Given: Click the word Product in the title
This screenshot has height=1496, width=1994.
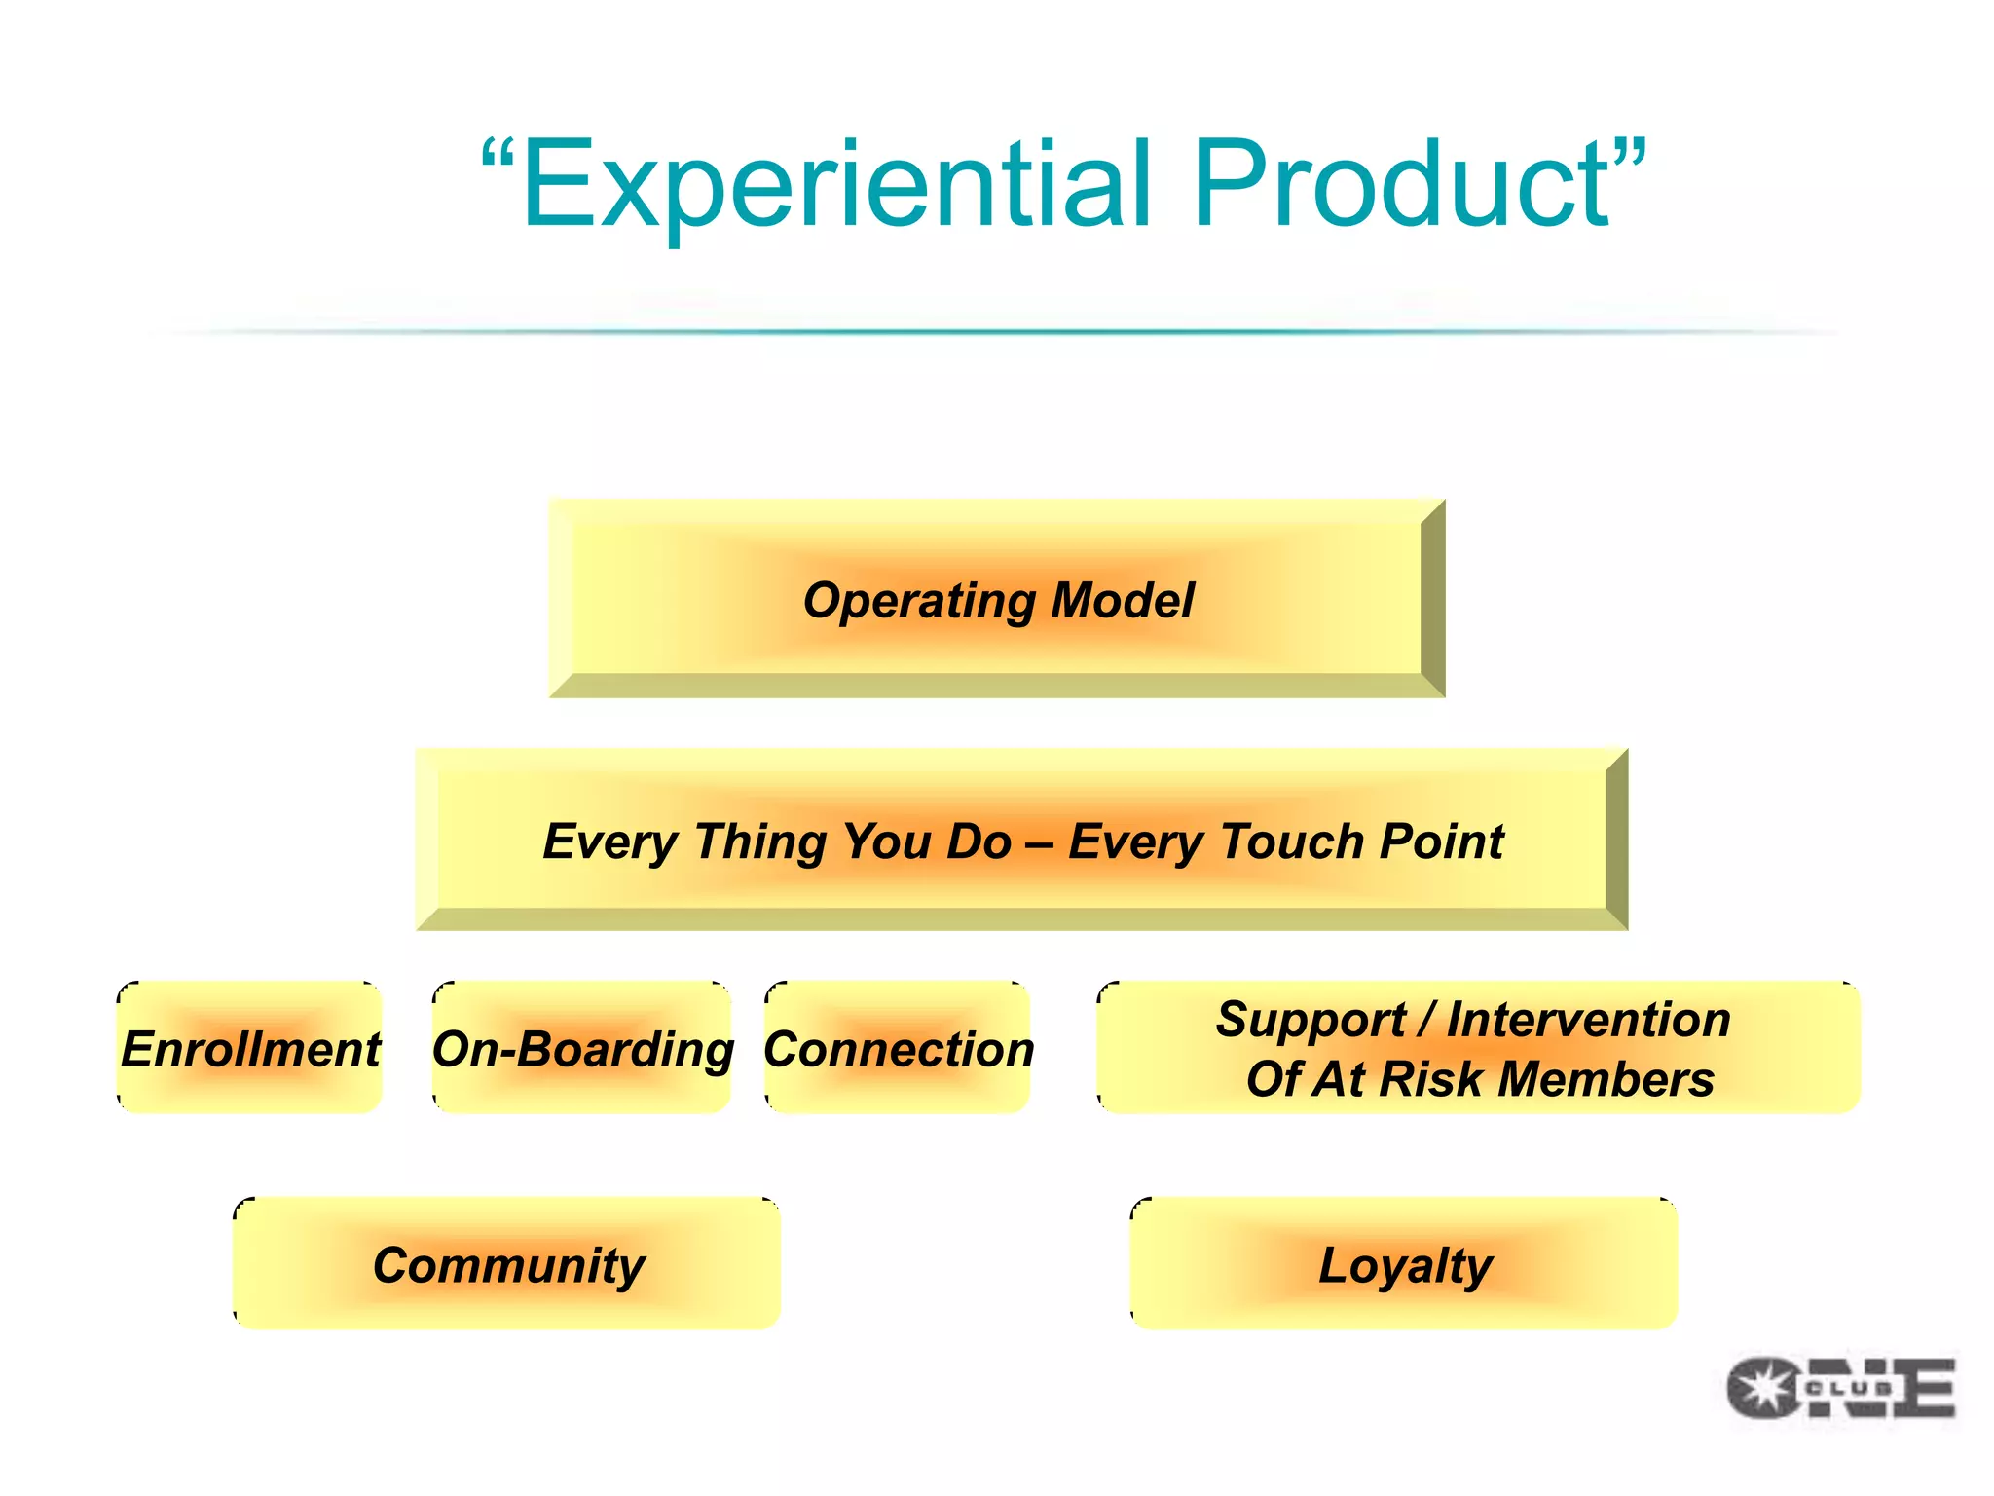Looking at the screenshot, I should coord(1402,185).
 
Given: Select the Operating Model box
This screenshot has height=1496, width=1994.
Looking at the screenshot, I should coord(997,599).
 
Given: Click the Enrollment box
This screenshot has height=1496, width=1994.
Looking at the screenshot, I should coord(250,1049).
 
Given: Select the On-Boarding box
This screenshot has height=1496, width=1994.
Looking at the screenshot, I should coord(582,1049).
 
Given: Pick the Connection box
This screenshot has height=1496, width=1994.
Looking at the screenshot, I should coord(898,1049).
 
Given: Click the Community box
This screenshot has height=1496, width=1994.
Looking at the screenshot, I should coord(507,1264).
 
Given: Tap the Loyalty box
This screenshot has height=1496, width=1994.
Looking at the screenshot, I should coord(1404,1264).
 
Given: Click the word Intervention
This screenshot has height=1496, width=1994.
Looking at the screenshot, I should coord(1588,1020).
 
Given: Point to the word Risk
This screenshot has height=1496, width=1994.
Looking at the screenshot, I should coord(1432,1079).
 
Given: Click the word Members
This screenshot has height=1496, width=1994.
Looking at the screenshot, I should coord(1606,1079).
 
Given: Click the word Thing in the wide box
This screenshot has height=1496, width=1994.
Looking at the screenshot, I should coord(758,841).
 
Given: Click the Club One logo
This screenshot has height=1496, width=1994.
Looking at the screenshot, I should coord(1840,1388).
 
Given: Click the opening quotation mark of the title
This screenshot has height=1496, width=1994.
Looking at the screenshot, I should coord(498,156).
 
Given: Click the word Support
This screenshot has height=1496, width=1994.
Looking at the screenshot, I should coord(1310,1021).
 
